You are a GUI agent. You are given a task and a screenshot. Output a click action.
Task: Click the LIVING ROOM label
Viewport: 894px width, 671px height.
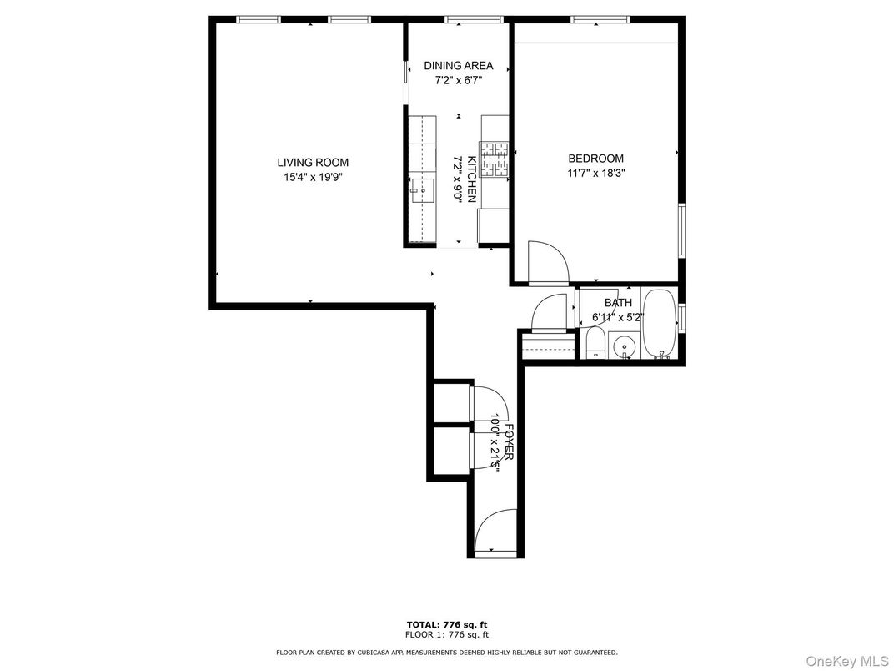(313, 163)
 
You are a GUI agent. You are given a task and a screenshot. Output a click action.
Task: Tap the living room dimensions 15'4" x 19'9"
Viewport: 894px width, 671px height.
(313, 177)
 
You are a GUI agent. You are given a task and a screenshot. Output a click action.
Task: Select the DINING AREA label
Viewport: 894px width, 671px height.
(458, 66)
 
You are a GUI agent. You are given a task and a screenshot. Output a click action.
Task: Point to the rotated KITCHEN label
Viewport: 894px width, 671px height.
(471, 179)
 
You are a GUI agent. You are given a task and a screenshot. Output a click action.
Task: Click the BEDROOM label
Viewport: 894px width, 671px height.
(595, 159)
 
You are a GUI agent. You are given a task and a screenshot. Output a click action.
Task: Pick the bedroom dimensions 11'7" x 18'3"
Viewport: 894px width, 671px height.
(595, 174)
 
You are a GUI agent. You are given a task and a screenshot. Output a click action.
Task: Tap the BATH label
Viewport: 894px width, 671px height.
(618, 303)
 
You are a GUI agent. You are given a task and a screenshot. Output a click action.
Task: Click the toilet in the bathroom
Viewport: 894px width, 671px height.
(595, 342)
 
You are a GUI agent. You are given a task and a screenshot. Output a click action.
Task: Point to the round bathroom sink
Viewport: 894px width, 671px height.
(624, 345)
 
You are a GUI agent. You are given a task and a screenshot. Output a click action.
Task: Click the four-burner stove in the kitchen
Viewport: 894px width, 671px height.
(495, 161)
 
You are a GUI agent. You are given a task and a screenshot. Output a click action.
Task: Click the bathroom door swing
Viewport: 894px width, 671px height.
(551, 314)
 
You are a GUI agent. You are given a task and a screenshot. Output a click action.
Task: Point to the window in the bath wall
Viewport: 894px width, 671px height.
(682, 319)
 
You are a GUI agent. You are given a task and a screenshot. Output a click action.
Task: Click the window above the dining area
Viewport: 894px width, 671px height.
(474, 19)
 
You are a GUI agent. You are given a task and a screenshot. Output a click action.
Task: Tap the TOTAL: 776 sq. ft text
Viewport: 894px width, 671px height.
(446, 623)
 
